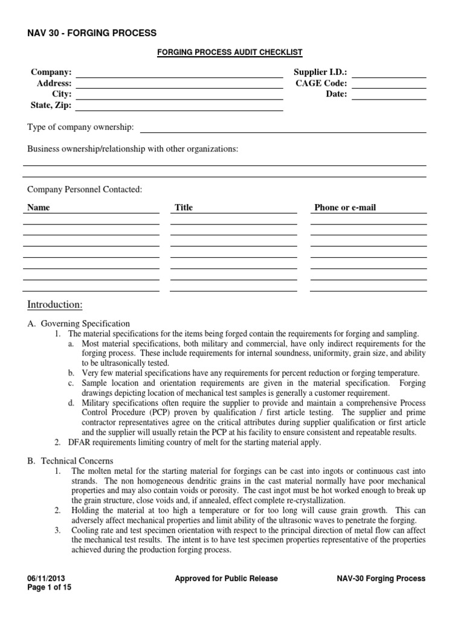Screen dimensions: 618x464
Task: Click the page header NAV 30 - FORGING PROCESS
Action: pos(92,33)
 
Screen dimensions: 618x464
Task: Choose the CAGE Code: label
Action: pos(321,83)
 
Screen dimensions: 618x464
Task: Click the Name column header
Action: pos(39,208)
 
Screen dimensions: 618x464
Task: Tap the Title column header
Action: pos(184,208)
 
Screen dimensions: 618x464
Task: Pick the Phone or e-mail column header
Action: pos(345,208)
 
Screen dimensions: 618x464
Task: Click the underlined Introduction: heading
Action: pos(55,304)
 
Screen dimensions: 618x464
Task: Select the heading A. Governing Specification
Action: pos(79,323)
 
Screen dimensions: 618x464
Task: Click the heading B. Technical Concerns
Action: pos(71,460)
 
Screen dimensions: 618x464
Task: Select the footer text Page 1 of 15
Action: pos(50,588)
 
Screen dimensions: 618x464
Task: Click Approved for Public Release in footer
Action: pos(226,578)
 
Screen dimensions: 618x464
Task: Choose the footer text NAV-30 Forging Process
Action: pos(381,578)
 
